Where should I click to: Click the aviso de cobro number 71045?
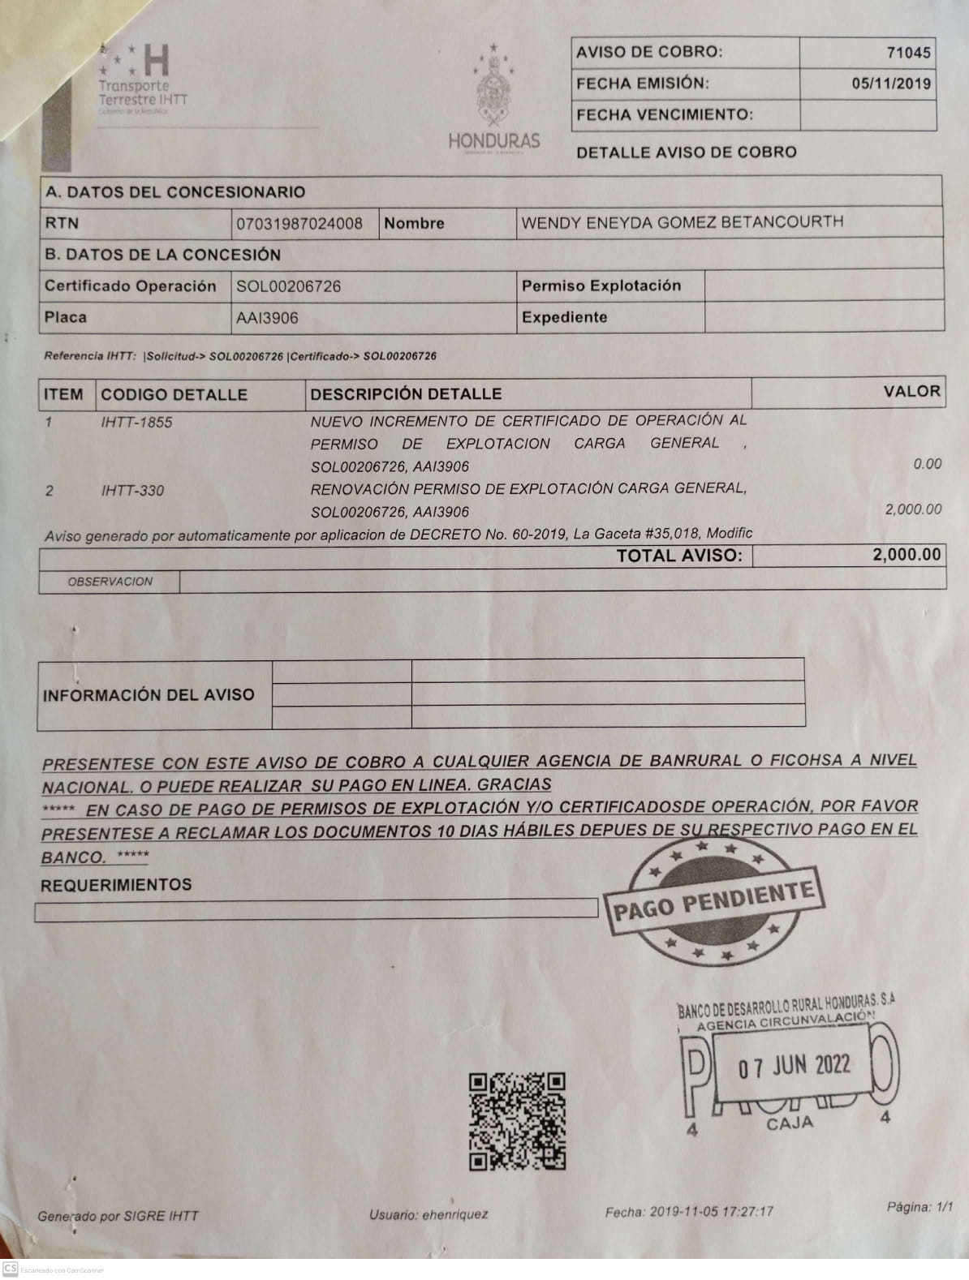pos(908,53)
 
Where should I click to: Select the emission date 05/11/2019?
pos(891,84)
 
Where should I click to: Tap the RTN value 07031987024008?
pos(299,223)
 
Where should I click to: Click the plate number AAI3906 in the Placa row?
pos(267,318)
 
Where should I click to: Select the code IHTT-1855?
pos(136,422)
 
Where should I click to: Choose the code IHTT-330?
pos(132,490)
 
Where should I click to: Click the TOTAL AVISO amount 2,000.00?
pos(907,555)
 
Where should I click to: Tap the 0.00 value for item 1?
pos(927,464)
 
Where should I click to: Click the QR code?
pos(516,1121)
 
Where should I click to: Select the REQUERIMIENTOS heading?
pos(116,885)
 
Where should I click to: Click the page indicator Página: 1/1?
pos(919,1207)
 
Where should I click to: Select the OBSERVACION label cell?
pos(110,582)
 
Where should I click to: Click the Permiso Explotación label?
pos(601,286)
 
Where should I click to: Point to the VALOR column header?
pos(911,392)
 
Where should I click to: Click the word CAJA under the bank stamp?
pos(789,1124)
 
